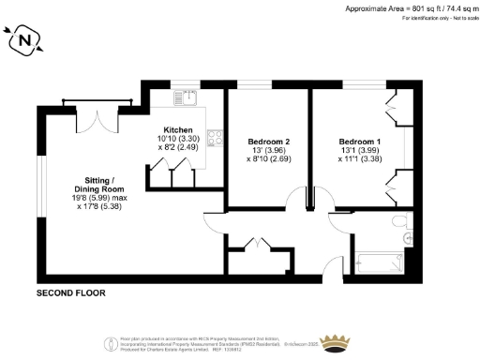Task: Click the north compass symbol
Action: coord(25,40)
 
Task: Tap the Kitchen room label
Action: coord(178,130)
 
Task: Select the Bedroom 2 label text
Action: coord(268,142)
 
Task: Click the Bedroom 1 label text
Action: coord(359,142)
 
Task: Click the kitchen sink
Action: coord(187,95)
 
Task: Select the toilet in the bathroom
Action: coord(402,222)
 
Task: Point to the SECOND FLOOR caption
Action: coord(70,293)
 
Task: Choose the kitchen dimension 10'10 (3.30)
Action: coord(178,140)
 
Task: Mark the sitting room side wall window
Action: coord(40,197)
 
